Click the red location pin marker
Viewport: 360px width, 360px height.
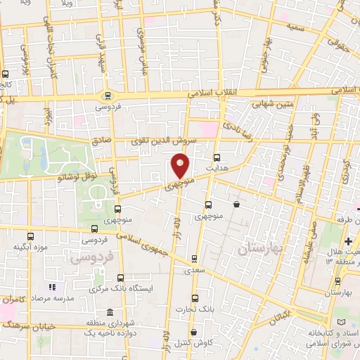181,166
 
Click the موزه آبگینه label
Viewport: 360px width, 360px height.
30,248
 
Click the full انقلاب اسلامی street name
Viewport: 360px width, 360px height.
221,92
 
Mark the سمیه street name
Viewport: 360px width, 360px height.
295,26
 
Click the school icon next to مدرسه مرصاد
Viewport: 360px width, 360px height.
51,288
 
